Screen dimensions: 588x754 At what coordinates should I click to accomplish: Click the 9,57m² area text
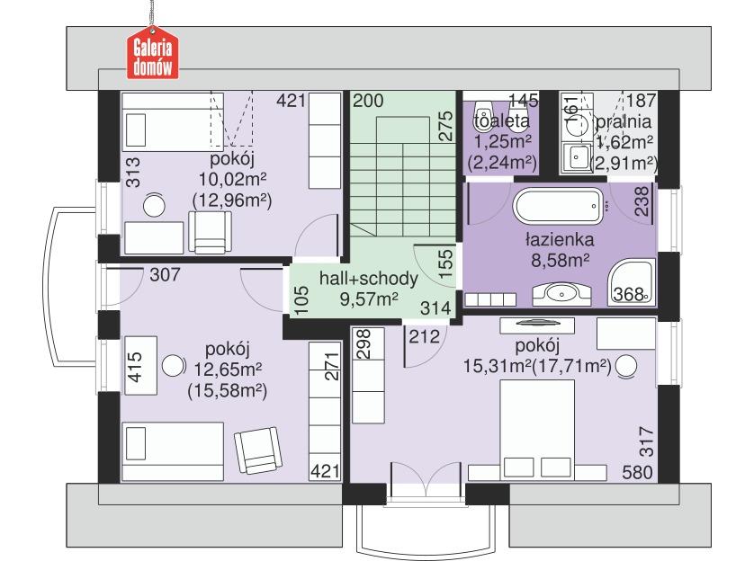click(369, 298)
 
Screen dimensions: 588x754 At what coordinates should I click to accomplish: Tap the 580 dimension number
click(637, 472)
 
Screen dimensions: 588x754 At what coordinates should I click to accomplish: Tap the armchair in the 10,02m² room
click(210, 232)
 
